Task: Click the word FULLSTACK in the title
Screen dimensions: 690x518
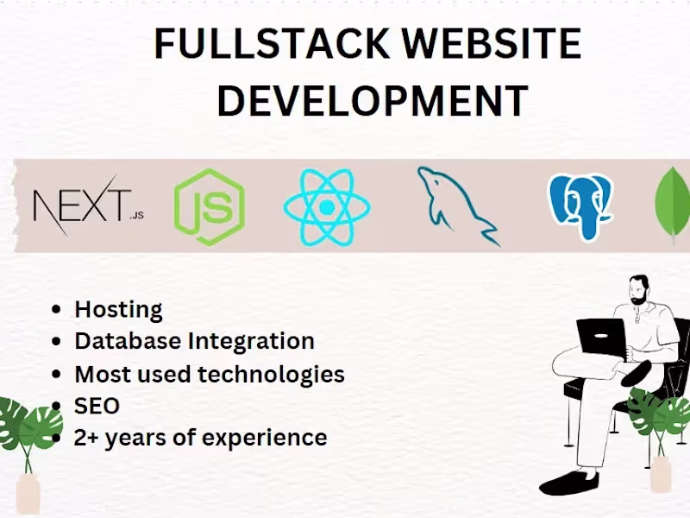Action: pos(272,43)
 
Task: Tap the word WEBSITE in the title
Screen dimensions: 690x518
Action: pos(492,43)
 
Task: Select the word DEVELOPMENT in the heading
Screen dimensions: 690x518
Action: pos(373,100)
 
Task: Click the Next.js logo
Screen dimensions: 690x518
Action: pos(89,205)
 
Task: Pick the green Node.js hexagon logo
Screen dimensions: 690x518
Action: pos(210,206)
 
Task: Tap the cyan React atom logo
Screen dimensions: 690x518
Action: pos(327,207)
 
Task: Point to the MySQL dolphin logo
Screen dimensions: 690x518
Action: pos(458,205)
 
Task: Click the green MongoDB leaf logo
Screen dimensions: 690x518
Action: pos(673,205)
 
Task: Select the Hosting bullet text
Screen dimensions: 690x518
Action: pos(118,310)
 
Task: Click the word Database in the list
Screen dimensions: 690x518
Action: pos(128,341)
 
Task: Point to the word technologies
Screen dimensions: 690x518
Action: pos(271,375)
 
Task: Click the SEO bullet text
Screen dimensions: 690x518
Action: pos(97,406)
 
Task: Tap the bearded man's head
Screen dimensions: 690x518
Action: pos(639,290)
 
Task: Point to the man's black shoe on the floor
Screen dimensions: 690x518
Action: pos(568,483)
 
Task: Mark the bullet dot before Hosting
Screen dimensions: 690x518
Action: pos(56,309)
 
